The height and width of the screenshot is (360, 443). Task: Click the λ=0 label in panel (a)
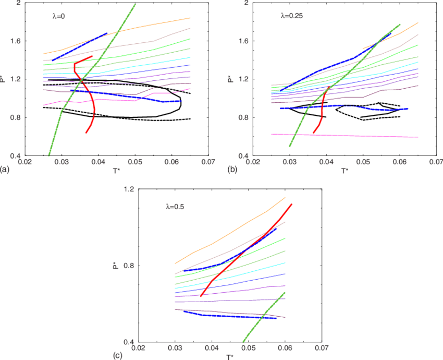tap(58, 16)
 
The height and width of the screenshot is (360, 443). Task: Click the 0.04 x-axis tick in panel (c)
tap(211, 347)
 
